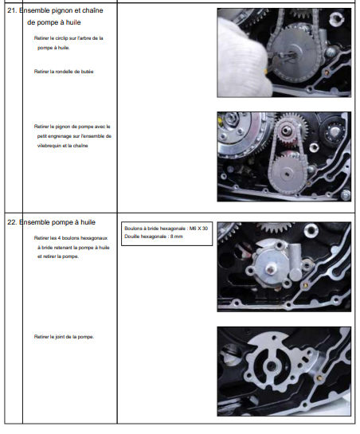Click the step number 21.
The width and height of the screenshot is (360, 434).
(x=12, y=10)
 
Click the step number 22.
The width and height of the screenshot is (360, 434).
(x=12, y=222)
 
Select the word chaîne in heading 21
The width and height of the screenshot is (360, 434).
(x=92, y=10)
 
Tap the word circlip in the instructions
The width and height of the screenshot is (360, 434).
(x=61, y=38)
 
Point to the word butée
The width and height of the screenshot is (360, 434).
(x=88, y=72)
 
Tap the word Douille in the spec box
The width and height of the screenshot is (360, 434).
(x=131, y=237)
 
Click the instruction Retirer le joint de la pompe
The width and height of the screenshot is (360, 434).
(x=64, y=337)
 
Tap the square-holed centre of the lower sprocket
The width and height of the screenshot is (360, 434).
(x=288, y=174)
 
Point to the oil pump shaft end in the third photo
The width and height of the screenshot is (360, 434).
(x=270, y=268)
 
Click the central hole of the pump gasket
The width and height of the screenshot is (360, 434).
(x=271, y=367)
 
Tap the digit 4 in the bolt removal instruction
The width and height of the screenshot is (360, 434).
(x=59, y=238)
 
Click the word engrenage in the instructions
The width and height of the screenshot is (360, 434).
(x=57, y=136)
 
